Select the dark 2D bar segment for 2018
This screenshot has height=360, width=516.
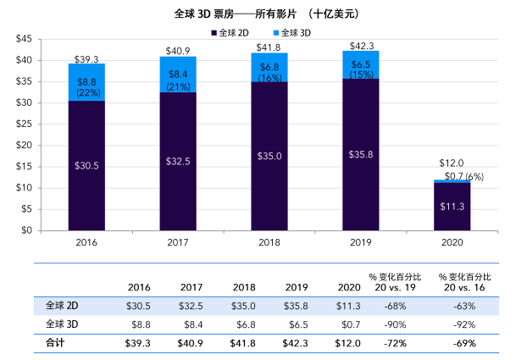[x=269, y=156]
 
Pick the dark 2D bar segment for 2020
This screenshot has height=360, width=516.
[x=451, y=206]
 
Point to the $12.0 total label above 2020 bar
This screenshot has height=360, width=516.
[x=451, y=163]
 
